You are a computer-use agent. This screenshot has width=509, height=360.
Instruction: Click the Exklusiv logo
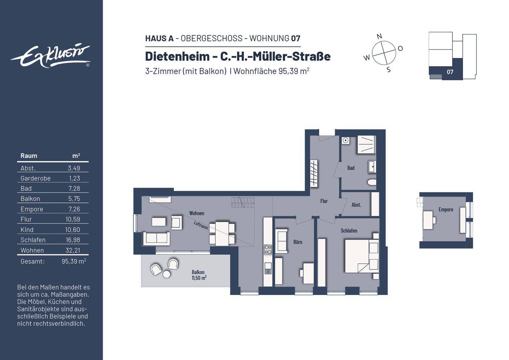coord(50,56)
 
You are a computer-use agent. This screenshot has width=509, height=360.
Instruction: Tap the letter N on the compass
coord(379,36)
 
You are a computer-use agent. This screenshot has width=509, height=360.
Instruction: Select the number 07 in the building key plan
coord(450,72)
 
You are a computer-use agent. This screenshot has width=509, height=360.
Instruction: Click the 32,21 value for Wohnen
coord(75,250)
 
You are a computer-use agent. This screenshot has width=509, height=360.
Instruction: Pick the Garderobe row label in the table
coord(35,178)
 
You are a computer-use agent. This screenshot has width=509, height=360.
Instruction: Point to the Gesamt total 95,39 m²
coord(74,261)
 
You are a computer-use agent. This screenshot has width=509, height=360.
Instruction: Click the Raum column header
coord(29,156)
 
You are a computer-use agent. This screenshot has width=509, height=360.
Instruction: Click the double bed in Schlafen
coord(361,256)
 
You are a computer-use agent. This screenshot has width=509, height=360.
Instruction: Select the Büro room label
coord(298,242)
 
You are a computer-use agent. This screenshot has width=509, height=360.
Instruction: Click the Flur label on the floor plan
coord(324,201)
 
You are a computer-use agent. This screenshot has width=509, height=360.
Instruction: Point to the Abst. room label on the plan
coord(356,205)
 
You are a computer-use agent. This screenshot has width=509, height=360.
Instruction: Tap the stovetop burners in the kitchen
coord(268,249)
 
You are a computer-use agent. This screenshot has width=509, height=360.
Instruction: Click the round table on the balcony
coord(166,274)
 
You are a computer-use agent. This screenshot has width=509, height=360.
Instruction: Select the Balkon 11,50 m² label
coord(198,275)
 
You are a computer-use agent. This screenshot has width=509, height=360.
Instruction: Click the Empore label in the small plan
coord(446,209)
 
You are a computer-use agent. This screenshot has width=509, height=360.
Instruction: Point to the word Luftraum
coord(201,225)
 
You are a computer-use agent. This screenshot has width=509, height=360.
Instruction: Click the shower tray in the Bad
coord(366,144)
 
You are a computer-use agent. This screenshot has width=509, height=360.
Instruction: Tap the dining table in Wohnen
coord(222,233)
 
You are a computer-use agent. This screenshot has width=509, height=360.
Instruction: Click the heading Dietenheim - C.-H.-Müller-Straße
coord(238,56)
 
